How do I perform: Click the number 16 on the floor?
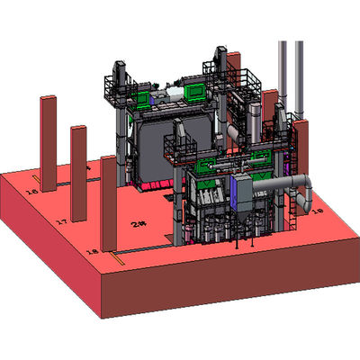click(x=31, y=191)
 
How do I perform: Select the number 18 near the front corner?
click(x=91, y=251)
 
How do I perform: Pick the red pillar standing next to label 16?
click(x=49, y=144)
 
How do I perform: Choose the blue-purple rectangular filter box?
click(x=246, y=190)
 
